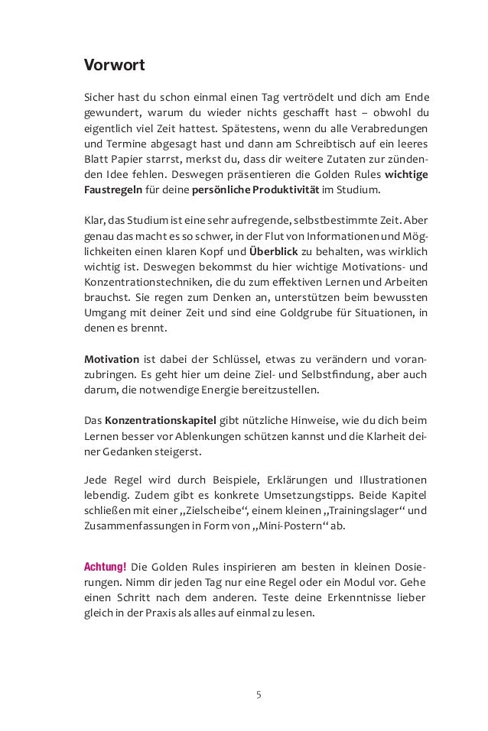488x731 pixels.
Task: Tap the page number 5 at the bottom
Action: [x=259, y=694]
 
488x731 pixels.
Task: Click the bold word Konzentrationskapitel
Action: [x=161, y=419]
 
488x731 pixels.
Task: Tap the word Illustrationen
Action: [x=390, y=480]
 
